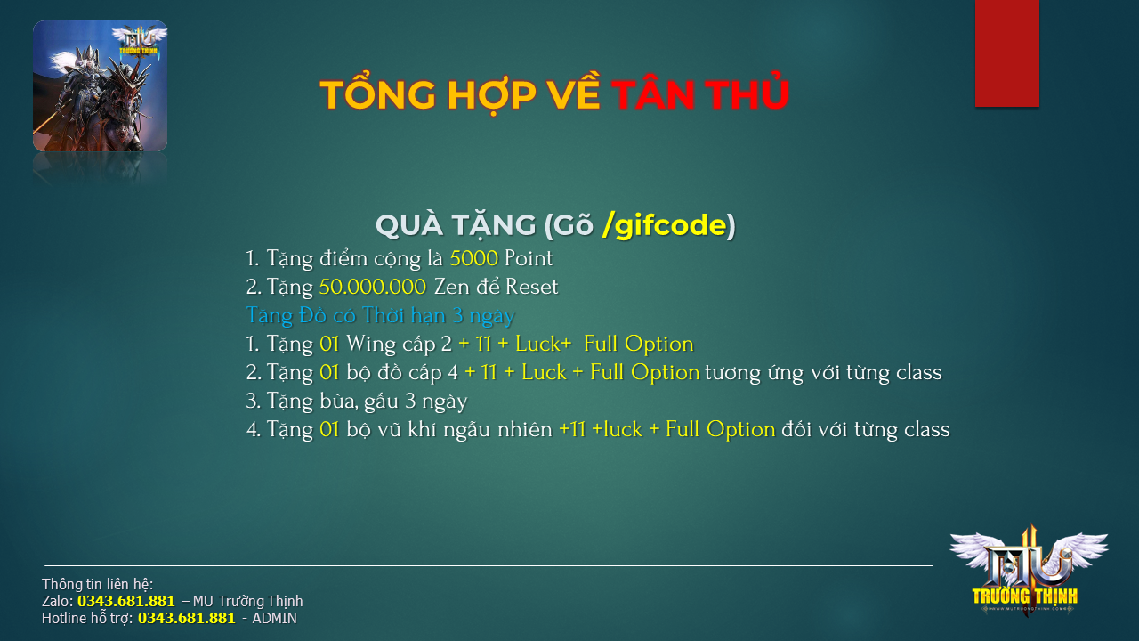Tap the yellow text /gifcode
(665, 226)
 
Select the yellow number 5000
(474, 258)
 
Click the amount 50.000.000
(373, 287)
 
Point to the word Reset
(532, 287)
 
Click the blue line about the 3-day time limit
(380, 316)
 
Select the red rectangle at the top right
(1006, 53)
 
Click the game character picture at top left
(101, 85)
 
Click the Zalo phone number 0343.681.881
(126, 601)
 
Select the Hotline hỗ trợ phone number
(187, 618)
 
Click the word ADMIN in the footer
(275, 618)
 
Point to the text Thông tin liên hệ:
(97, 584)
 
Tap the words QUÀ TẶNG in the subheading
(456, 225)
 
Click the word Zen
(451, 287)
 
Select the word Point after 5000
(529, 258)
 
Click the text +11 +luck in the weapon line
(601, 429)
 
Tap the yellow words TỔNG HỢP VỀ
(460, 93)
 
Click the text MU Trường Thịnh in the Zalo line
(247, 601)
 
